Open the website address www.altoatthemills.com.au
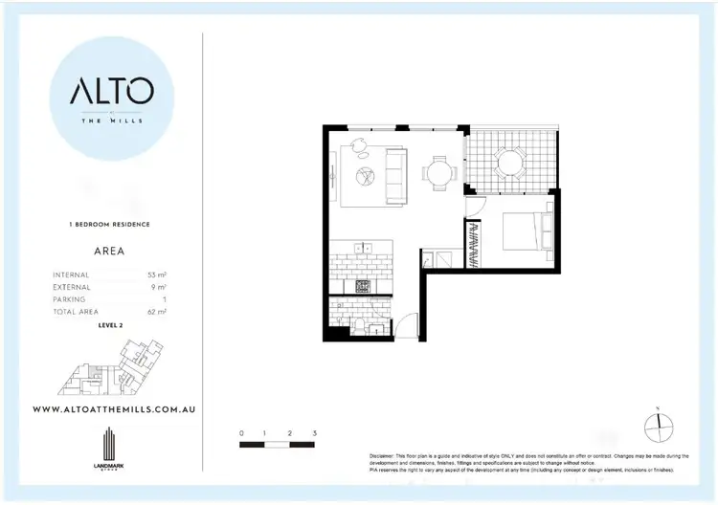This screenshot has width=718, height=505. pos(115,408)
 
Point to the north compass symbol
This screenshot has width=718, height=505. pos(659,425)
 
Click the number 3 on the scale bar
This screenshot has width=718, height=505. pos(314,433)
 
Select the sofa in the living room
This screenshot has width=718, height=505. pos(393,174)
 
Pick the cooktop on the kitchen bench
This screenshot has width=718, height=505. pos(362,286)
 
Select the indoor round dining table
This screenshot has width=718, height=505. pos(439,173)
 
